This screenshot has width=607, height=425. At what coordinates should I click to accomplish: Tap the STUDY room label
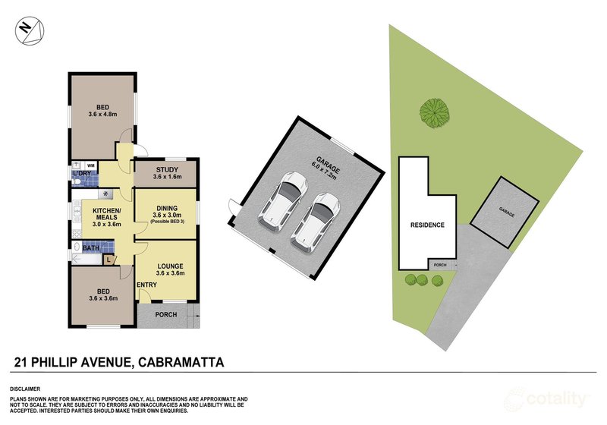(x=166, y=170)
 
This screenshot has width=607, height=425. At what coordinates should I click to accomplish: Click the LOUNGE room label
(x=169, y=266)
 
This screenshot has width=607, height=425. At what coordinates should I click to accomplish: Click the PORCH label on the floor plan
(x=165, y=314)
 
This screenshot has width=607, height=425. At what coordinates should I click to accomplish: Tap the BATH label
(x=90, y=248)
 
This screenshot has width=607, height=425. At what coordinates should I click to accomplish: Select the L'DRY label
(x=81, y=174)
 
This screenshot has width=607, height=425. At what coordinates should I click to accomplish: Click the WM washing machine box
(x=90, y=165)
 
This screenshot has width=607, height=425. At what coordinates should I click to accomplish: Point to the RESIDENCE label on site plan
(x=427, y=225)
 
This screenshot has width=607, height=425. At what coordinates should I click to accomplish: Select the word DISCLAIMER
(x=26, y=388)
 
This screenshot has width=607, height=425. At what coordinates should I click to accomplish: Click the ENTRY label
(x=146, y=285)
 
